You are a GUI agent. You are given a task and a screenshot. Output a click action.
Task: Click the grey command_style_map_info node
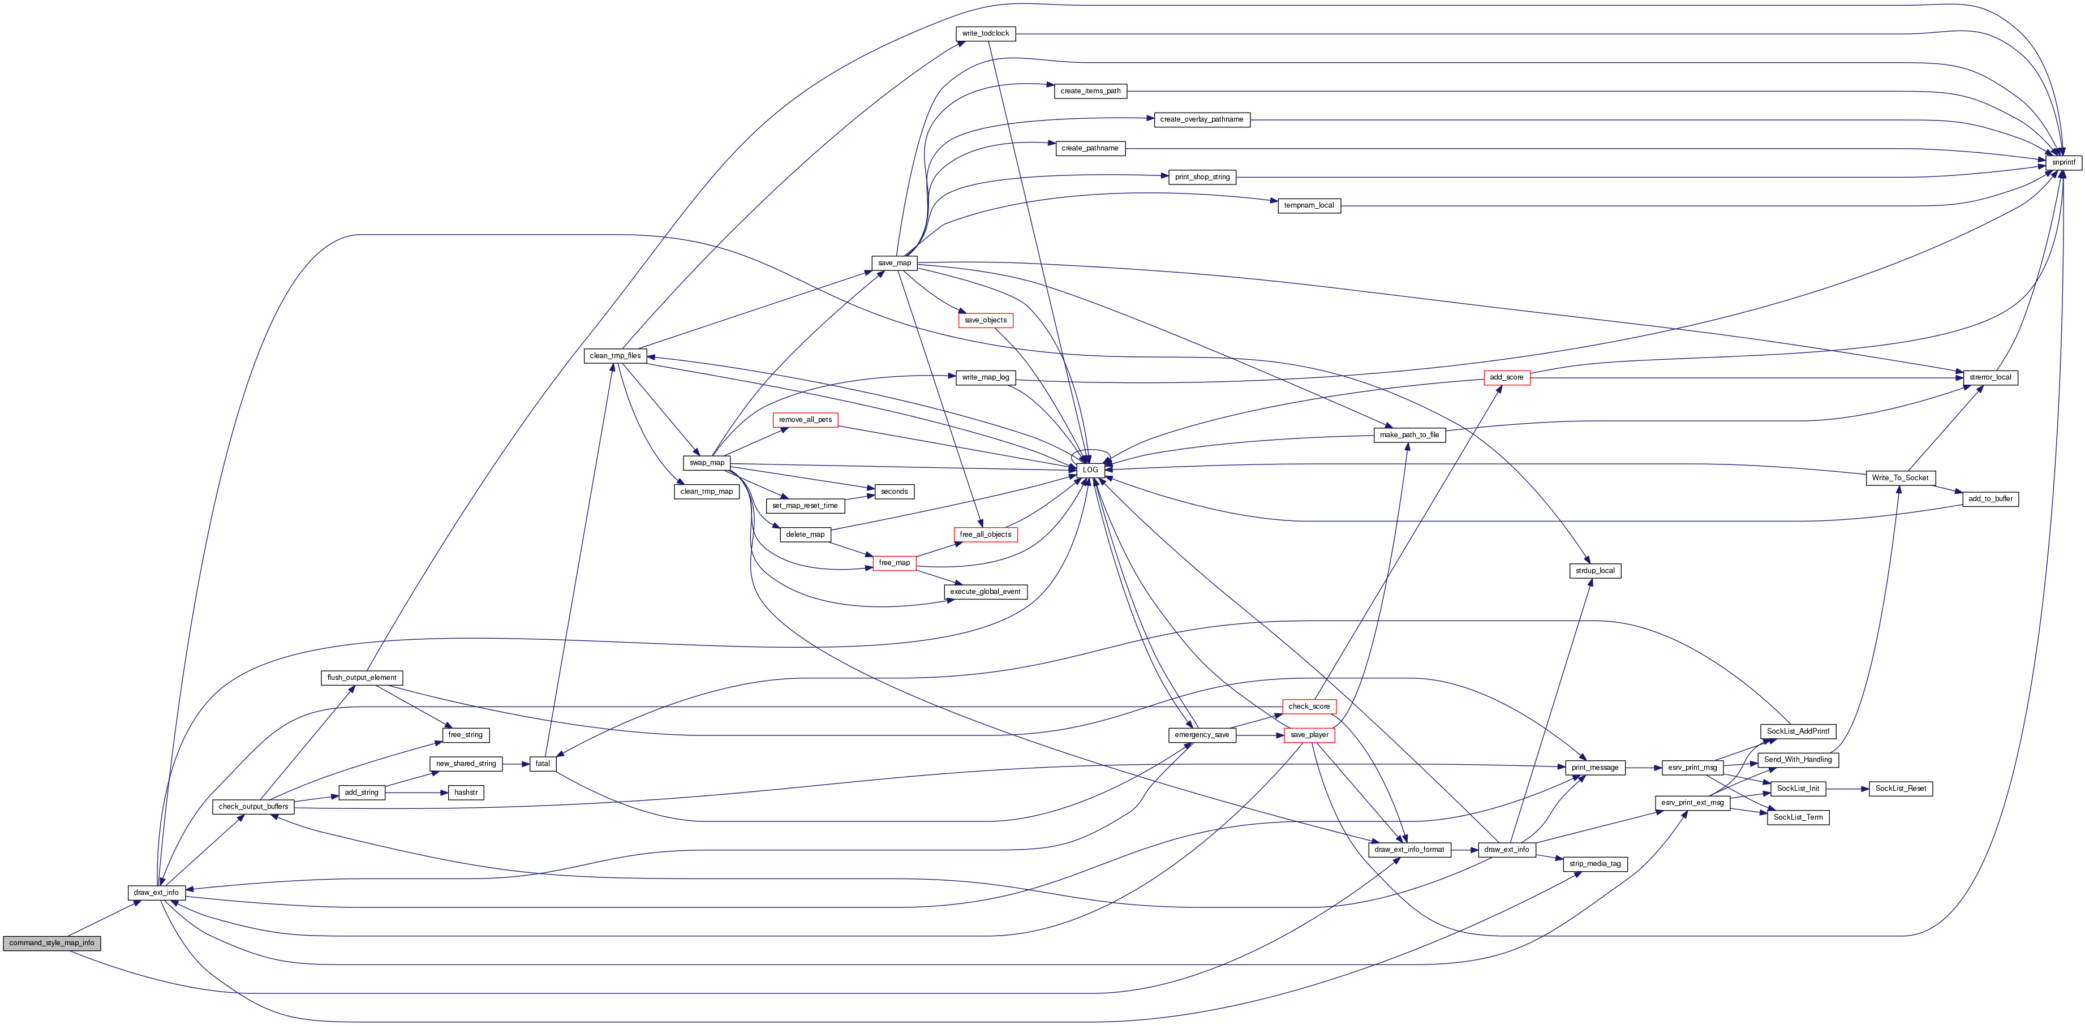[x=52, y=942]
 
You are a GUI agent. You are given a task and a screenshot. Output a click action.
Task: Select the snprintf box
[x=2063, y=162]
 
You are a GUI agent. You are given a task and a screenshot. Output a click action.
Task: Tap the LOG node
[x=1090, y=469]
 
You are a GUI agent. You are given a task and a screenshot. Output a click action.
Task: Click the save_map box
[x=895, y=263]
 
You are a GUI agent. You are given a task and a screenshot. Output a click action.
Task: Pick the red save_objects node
[x=985, y=320]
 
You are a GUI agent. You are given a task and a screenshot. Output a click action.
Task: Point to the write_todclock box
[x=985, y=33]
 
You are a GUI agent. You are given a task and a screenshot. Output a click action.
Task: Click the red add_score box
[x=1506, y=377]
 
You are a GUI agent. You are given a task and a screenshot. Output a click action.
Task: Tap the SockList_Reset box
[x=1901, y=788]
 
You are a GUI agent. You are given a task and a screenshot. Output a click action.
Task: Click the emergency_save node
[x=1202, y=735]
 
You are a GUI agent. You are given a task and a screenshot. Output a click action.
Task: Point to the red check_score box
[x=1309, y=707]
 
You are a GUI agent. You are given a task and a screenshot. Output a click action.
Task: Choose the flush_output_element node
[x=362, y=677]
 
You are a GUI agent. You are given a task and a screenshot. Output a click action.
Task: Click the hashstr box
[x=466, y=792]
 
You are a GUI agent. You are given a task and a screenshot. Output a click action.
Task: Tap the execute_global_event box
[x=985, y=591]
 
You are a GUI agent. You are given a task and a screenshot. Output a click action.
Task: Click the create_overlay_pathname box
[x=1202, y=119]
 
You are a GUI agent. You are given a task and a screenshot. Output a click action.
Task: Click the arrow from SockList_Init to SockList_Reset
[x=1847, y=788]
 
